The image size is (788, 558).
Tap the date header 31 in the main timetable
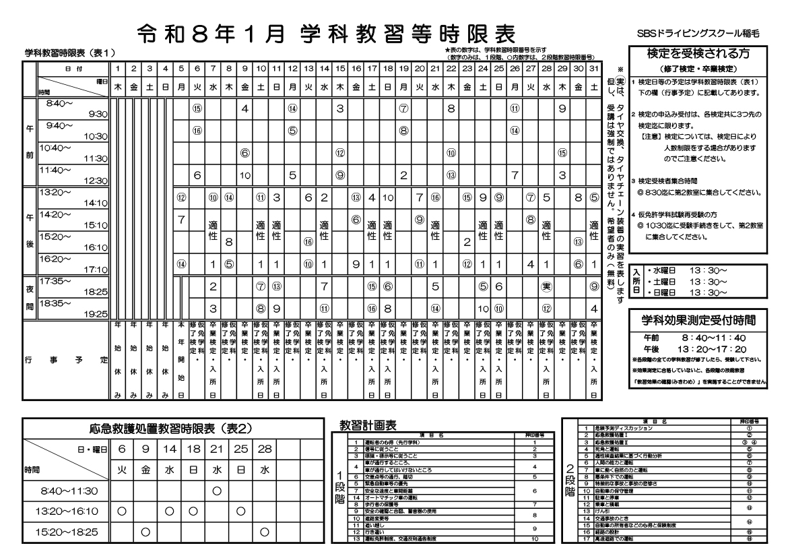pos(594,68)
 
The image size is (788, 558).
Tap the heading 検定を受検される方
pos(696,54)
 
